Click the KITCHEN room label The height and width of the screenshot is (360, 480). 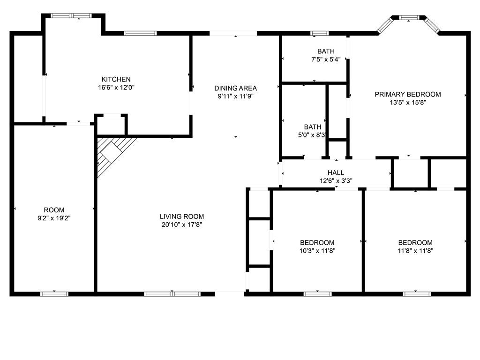click(116, 79)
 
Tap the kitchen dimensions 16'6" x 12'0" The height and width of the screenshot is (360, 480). click(116, 88)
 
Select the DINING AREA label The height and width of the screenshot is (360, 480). click(235, 88)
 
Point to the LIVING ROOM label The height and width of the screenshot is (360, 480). click(182, 217)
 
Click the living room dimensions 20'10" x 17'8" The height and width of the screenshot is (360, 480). click(182, 225)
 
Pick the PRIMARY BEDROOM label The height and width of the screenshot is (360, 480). click(408, 94)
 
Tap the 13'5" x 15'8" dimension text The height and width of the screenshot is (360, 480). click(408, 103)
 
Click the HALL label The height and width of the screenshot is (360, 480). click(336, 172)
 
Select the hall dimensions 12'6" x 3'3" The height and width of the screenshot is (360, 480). click(336, 181)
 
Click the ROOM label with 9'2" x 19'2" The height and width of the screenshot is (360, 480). click(54, 210)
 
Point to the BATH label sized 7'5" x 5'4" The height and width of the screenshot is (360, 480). click(326, 51)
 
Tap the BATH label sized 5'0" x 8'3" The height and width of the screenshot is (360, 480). click(313, 127)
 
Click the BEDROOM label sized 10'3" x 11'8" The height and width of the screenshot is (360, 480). click(317, 243)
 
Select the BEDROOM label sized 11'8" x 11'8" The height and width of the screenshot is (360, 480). click(415, 243)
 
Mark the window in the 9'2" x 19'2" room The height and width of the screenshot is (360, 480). click(54, 294)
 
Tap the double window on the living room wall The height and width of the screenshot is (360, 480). click(172, 294)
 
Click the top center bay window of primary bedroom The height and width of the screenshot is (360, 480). click(409, 17)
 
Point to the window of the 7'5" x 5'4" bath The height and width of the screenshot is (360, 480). click(320, 33)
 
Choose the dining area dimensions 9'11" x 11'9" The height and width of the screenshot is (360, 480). click(235, 97)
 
